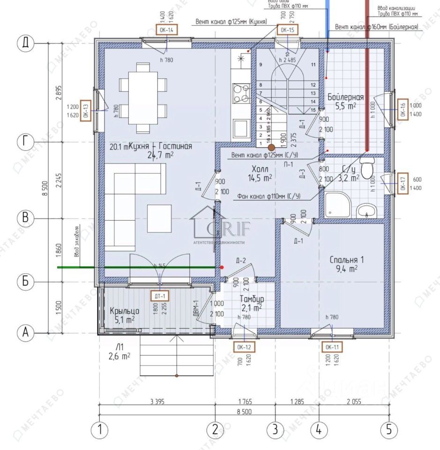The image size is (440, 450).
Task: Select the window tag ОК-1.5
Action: [x=287, y=30]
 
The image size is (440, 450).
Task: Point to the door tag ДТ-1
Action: [x=159, y=296]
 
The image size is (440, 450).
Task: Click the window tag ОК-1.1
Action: [x=331, y=347]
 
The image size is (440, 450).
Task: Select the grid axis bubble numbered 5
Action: [x=389, y=430]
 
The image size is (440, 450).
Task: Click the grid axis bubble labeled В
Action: [x=26, y=218]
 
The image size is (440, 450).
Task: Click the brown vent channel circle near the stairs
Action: [x=271, y=147]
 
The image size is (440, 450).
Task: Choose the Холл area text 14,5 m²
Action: [x=260, y=177]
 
